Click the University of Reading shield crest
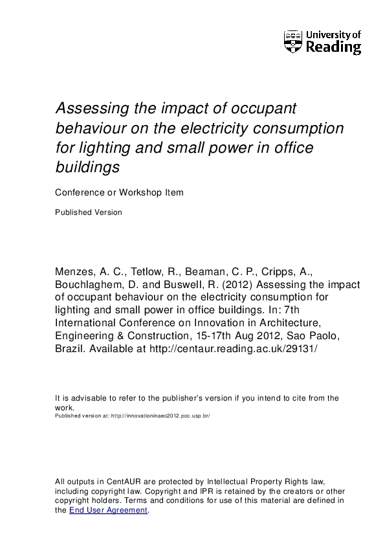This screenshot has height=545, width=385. [292, 41]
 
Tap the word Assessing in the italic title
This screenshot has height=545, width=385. [87, 107]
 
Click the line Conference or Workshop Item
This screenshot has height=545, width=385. [119, 192]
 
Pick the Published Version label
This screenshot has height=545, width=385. [88, 212]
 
